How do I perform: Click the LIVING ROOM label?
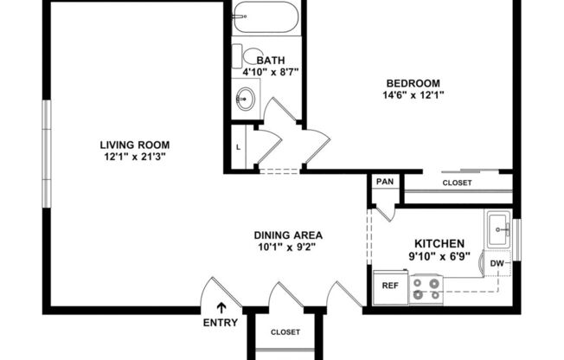[134, 145]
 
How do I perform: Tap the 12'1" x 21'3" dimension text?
[134, 157]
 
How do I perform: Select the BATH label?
[259, 59]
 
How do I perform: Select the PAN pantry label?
[383, 183]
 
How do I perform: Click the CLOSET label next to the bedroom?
[457, 183]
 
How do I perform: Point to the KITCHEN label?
[439, 244]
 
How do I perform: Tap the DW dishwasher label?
[497, 263]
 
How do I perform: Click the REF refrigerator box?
[390, 285]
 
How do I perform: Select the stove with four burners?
[425, 287]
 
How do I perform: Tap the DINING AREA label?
[288, 235]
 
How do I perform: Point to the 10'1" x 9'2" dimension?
[288, 247]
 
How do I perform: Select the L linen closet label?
[238, 147]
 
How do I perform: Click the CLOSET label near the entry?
[285, 332]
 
